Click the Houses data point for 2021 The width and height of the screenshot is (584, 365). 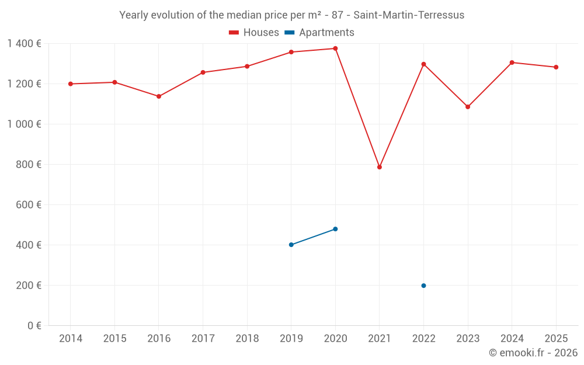(x=380, y=167)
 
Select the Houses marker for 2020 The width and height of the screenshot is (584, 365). (x=335, y=48)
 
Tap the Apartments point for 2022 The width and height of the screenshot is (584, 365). (x=423, y=286)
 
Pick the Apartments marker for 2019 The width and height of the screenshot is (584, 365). (x=291, y=245)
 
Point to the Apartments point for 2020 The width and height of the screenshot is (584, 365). (x=335, y=229)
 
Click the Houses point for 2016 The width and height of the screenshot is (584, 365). (x=159, y=96)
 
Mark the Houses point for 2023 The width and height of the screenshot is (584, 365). (x=468, y=107)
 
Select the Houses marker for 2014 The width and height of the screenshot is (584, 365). (x=71, y=84)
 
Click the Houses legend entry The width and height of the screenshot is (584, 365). (x=254, y=33)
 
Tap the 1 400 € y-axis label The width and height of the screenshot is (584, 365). (x=25, y=44)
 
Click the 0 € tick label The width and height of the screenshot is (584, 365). (x=34, y=326)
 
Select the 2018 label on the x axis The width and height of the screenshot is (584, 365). (x=247, y=339)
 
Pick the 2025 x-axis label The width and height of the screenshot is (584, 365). (x=555, y=339)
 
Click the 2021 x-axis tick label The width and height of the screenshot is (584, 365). (x=380, y=339)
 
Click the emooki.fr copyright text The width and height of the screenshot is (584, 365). (x=533, y=353)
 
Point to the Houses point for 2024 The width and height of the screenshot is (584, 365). (x=512, y=62)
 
